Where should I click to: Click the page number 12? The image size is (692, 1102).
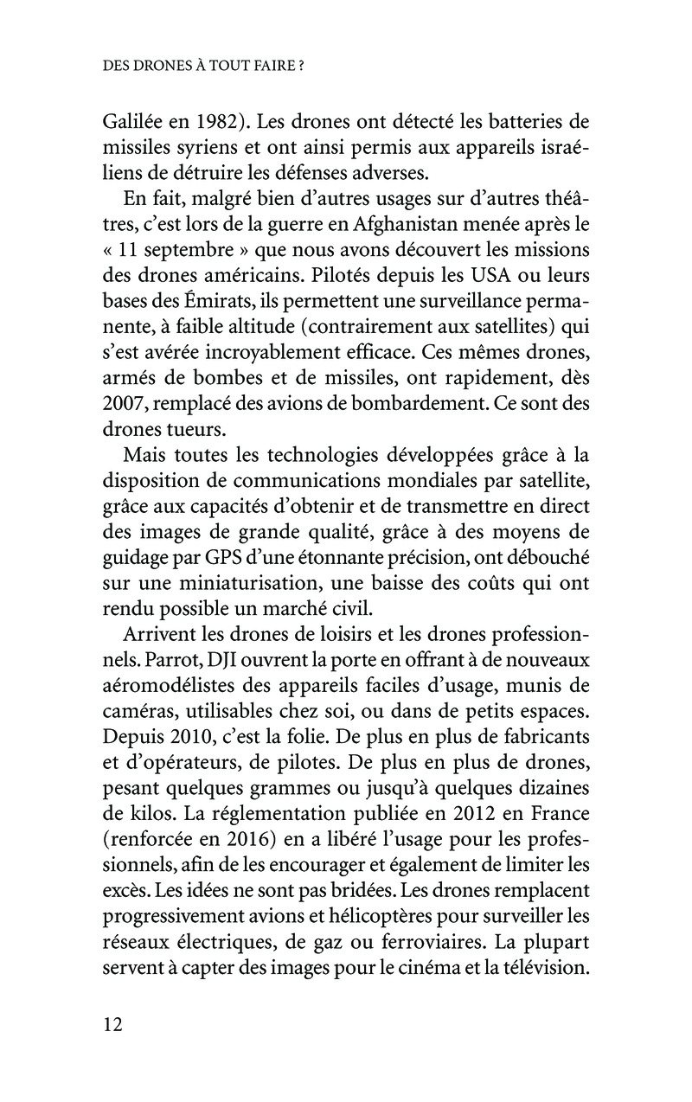coord(113,1024)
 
